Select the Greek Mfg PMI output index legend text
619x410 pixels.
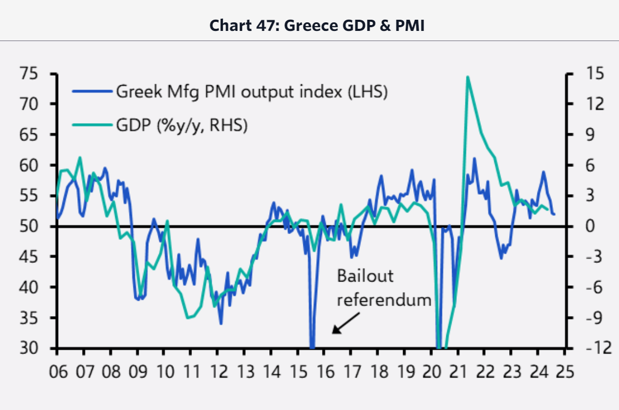pyautogui.click(x=251, y=92)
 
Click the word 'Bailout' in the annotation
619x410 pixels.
pyautogui.click(x=365, y=276)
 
